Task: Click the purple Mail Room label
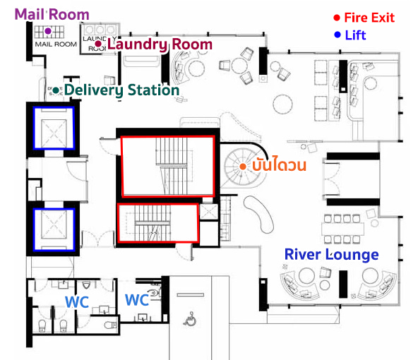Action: point(52,14)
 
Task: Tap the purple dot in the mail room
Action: point(48,31)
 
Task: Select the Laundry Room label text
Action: point(160,44)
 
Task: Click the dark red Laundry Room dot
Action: point(98,44)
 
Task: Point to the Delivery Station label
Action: point(122,90)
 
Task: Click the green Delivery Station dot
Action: point(56,90)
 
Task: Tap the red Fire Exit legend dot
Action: point(337,18)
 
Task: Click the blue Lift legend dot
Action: point(338,35)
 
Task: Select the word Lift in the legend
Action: point(356,35)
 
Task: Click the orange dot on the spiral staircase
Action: point(243,167)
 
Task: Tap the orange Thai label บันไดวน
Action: point(279,164)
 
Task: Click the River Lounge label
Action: point(332,255)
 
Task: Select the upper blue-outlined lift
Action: point(54,128)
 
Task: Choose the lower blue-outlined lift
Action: point(54,229)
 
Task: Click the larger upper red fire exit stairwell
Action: point(167,167)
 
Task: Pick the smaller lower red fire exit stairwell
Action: point(158,223)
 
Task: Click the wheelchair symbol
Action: point(190,319)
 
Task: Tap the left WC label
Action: point(77,302)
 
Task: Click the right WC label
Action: point(137,300)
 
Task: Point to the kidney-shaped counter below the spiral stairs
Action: point(258,214)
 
